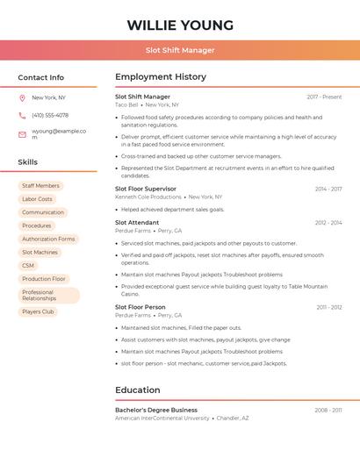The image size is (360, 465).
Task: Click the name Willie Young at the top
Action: [x=180, y=25]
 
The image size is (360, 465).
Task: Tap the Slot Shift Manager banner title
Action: [x=180, y=50]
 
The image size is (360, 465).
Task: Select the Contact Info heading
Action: [x=40, y=77]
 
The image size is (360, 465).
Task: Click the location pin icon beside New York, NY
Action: [x=22, y=97]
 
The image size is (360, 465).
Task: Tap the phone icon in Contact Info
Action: [x=22, y=115]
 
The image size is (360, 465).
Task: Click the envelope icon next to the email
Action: [x=22, y=134]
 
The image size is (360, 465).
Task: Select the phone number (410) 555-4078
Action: [x=50, y=115]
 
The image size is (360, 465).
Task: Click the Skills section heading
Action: [x=28, y=161]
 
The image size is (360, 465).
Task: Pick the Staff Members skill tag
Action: [x=40, y=186]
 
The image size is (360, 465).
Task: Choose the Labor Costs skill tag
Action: [x=37, y=199]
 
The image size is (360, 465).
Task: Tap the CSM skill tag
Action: [x=28, y=265]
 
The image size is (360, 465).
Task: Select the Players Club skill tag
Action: [x=38, y=311]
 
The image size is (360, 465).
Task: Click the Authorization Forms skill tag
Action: [x=48, y=239]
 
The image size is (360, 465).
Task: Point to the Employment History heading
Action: [x=161, y=77]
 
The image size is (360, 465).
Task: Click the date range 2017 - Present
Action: [x=324, y=97]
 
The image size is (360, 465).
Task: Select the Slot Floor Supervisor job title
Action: [x=146, y=189]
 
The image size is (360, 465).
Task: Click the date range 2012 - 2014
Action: [x=328, y=223]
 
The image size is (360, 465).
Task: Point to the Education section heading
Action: [x=138, y=390]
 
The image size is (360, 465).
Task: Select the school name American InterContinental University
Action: [x=162, y=418]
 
